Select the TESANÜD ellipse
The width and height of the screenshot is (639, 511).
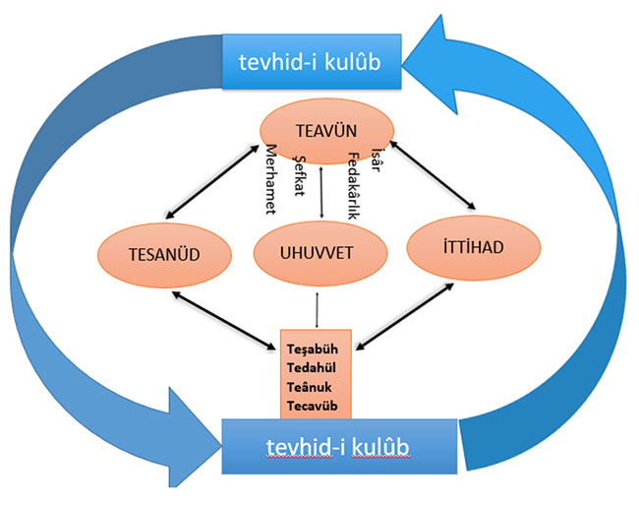tap(164, 249)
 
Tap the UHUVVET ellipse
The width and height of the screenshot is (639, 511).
tap(317, 249)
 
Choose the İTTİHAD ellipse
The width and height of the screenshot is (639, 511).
tap(467, 245)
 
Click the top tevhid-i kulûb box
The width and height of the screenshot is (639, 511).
tap(311, 62)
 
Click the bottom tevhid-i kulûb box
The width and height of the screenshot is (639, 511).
tap(339, 447)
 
